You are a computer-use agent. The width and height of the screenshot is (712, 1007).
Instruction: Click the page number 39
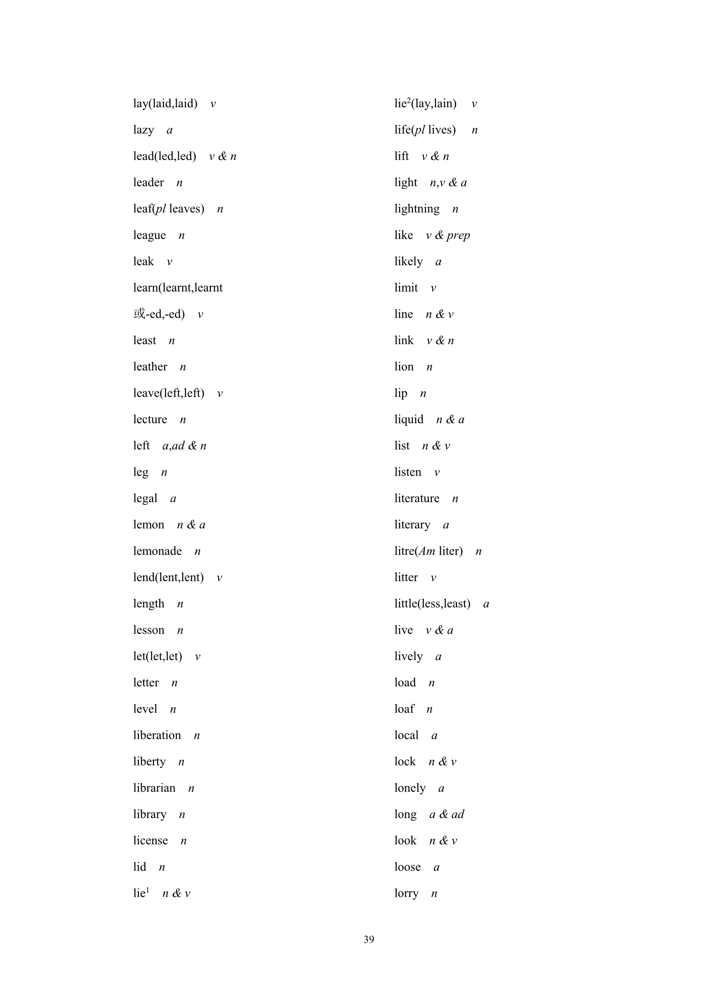pos(369,939)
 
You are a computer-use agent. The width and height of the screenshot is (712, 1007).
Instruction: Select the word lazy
pos(143,130)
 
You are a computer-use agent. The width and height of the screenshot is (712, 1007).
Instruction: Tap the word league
pos(149,236)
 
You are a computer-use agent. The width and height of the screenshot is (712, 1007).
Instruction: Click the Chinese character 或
pos(139,314)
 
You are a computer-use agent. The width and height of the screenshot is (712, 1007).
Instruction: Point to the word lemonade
pos(157,551)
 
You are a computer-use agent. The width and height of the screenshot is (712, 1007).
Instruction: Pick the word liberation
pos(157,736)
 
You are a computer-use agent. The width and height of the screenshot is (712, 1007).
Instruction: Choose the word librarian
pos(154,788)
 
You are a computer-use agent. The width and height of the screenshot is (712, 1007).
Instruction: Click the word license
pos(150,841)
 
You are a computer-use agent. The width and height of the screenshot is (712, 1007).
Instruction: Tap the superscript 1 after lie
pos(148,890)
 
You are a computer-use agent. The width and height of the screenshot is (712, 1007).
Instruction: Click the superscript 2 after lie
pos(408,100)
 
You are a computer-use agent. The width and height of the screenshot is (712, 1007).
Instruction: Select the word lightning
pos(417,209)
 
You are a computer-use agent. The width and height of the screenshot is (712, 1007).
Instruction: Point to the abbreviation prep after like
pos(458,236)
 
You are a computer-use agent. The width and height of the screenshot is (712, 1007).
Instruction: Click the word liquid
pos(408,420)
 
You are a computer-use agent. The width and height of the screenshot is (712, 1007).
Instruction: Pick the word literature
pos(417,499)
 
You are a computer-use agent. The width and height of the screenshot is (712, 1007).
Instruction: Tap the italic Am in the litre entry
pos(427,551)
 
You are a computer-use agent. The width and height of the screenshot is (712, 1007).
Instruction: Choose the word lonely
pos(410,788)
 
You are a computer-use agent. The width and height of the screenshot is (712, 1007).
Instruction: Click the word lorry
pos(406,893)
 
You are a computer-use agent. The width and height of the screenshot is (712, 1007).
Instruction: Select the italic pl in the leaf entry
pos(161,209)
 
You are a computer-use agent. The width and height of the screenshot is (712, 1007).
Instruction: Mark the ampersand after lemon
pos(191,525)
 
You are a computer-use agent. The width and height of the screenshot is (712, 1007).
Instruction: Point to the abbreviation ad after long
pos(457,814)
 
